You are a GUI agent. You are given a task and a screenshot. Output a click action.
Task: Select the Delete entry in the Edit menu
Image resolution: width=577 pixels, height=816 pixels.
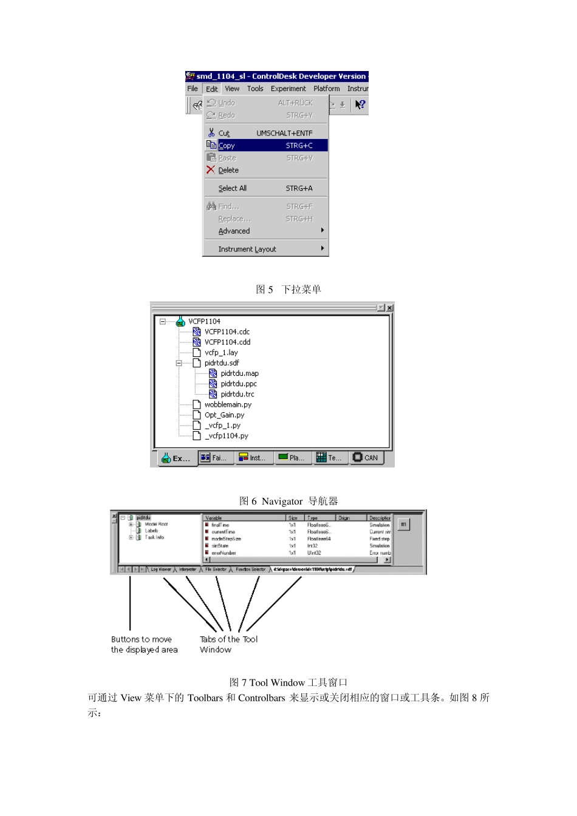pos(228,171)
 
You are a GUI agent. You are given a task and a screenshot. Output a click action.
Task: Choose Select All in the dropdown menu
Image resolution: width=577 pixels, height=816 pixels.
pos(233,189)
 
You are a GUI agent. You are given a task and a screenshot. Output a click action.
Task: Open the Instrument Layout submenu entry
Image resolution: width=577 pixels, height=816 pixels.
pos(247,250)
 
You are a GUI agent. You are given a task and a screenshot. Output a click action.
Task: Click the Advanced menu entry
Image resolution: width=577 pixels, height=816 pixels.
pos(234,231)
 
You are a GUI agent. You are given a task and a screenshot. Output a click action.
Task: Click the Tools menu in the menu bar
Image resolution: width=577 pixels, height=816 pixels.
pos(255,89)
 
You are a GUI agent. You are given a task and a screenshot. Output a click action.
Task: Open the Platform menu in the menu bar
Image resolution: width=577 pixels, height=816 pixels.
pos(327,89)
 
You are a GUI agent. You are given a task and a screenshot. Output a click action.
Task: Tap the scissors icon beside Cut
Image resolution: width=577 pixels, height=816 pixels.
pos(211,133)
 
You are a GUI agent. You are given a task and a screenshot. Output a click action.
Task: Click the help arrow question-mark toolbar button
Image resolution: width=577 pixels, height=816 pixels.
pos(360,104)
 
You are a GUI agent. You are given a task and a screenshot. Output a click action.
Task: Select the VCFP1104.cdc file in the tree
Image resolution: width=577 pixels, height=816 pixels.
pos(227,332)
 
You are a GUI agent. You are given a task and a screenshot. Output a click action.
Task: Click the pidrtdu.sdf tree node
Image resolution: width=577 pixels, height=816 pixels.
pos(221,363)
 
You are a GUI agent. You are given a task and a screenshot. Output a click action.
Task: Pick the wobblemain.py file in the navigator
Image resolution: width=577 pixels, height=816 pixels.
pos(228,405)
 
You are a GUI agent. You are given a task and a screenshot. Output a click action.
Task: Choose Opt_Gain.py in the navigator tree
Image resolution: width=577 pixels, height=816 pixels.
pos(224,415)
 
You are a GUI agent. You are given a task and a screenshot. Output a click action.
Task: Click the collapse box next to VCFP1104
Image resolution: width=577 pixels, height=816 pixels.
pos(163,322)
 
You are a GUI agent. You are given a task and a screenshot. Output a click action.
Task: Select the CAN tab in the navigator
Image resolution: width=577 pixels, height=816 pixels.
pos(366,458)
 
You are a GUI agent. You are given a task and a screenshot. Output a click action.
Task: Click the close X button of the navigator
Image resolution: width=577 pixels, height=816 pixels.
pos(389,308)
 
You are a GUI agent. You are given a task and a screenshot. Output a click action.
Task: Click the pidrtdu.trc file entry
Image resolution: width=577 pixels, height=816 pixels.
pos(237,395)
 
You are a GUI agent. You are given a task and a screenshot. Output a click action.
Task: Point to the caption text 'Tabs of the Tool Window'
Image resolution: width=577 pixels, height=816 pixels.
pos(228,644)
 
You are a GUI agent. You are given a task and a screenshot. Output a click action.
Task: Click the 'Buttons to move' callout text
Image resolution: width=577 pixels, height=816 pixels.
pos(142,639)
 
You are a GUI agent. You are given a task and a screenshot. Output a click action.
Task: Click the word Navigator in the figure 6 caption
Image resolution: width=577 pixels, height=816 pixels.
pos(282,501)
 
